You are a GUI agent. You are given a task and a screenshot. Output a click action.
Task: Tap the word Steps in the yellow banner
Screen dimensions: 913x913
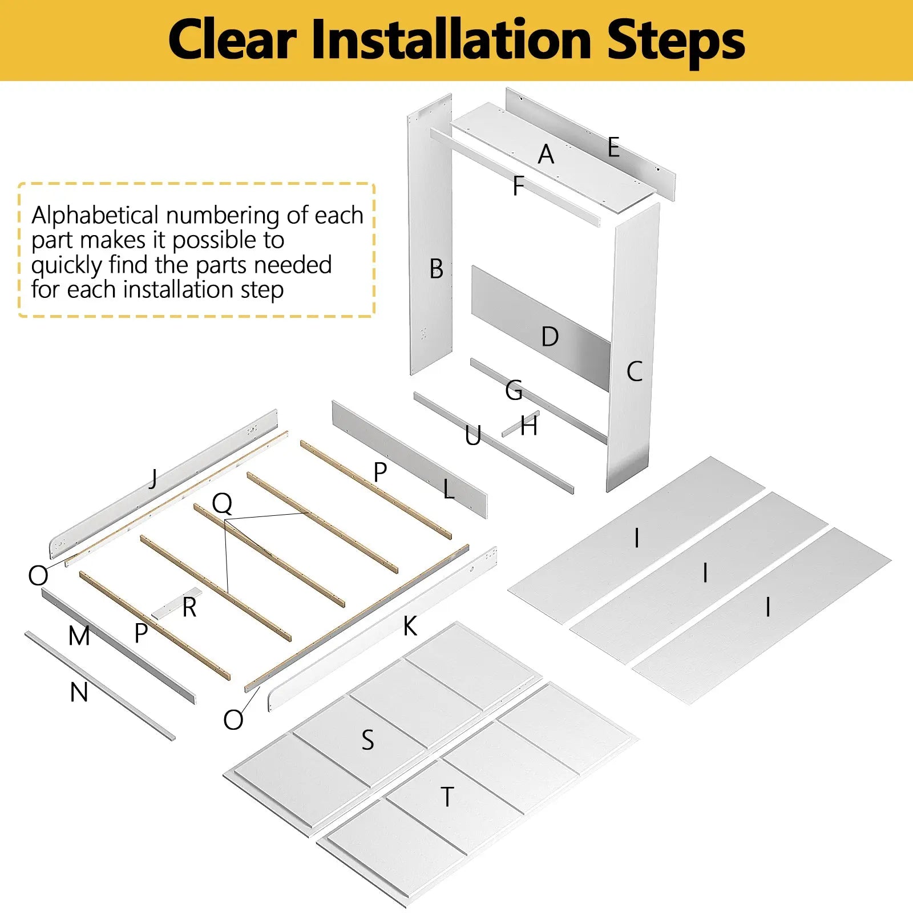[676, 41]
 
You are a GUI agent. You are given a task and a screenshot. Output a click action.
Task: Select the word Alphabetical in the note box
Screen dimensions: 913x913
[95, 216]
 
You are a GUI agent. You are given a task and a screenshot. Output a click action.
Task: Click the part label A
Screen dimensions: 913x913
[546, 154]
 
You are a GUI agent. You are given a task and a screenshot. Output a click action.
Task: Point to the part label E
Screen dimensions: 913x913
[613, 147]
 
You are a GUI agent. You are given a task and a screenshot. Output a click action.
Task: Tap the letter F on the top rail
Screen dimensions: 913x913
[518, 186]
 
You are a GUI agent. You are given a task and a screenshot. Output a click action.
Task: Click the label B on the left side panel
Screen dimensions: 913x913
[437, 269]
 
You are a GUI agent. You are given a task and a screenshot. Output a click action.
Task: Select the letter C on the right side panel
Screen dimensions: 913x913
[635, 371]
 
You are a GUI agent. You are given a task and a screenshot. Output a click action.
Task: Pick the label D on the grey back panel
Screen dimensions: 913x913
[550, 337]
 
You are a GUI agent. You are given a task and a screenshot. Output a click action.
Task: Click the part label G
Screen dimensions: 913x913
[514, 390]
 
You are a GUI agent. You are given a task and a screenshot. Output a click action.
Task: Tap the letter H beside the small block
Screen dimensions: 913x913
[529, 426]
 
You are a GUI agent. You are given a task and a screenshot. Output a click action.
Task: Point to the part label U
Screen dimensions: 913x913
[473, 436]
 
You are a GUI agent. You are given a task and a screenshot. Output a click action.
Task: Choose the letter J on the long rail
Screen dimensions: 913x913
[153, 478]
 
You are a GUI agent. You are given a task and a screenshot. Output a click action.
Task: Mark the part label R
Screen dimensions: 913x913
[190, 608]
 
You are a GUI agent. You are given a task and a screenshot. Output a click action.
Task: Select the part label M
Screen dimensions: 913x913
[79, 636]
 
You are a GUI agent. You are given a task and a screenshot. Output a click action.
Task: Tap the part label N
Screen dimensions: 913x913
[79, 693]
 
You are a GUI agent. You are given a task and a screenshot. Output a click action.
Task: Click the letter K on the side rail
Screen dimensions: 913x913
[410, 627]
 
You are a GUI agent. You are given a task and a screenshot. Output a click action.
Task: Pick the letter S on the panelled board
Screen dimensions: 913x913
[368, 740]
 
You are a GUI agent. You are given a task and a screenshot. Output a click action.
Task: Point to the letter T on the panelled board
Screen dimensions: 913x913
[448, 797]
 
